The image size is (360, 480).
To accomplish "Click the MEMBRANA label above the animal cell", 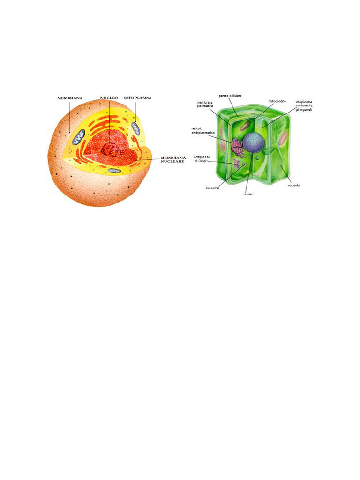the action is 70,98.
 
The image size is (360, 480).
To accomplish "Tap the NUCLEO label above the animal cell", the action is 109,98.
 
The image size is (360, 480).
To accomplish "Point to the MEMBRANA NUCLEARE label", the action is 173,160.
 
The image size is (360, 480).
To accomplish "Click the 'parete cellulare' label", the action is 230,96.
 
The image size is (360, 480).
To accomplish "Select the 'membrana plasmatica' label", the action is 205,104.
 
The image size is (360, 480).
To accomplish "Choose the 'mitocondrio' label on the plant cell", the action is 277,101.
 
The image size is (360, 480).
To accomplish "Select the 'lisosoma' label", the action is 212,188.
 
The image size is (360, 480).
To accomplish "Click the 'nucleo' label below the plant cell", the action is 248,194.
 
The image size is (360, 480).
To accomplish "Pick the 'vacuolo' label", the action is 293,185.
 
